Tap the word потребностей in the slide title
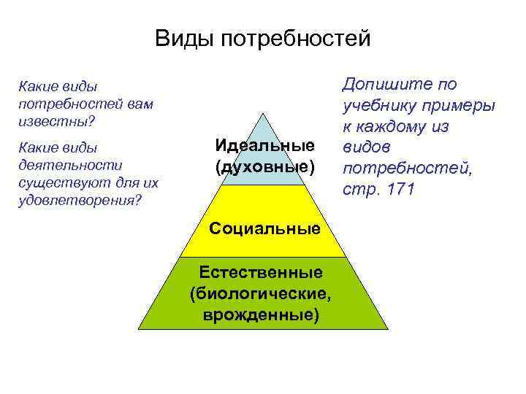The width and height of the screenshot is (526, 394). click(x=294, y=38)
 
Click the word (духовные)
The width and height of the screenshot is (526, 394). click(x=265, y=167)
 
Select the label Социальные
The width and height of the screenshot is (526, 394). click(x=264, y=229)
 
